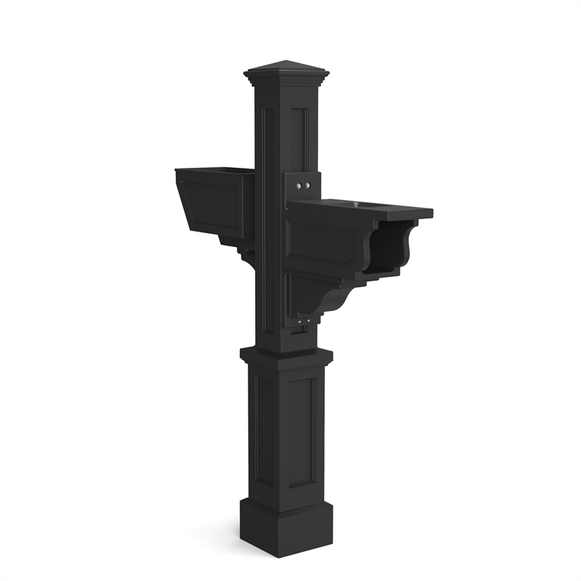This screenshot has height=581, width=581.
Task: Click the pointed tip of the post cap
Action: coord(286,62)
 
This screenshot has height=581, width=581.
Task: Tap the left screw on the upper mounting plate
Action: coord(299,187)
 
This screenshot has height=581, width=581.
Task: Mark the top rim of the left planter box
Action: coord(215,171)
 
